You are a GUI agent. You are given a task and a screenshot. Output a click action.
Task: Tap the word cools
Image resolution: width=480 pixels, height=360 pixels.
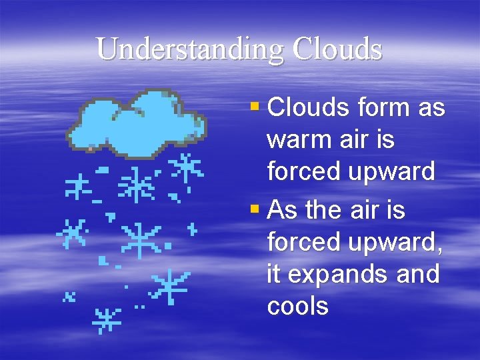click(x=298, y=306)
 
